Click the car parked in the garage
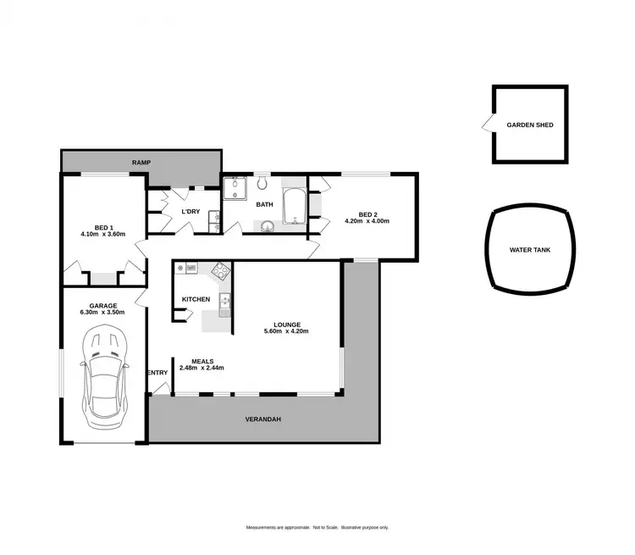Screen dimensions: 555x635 point(103,380)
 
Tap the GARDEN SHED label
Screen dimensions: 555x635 point(530,125)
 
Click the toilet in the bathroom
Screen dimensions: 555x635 point(262,184)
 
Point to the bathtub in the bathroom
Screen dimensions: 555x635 point(294,206)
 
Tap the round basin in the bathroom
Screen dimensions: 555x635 point(268,225)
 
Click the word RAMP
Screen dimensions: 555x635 point(141,161)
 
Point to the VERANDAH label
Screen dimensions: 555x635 point(262,419)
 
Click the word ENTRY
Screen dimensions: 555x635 point(157,373)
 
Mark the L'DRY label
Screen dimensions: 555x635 point(190,211)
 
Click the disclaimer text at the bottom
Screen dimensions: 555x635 point(317,527)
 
